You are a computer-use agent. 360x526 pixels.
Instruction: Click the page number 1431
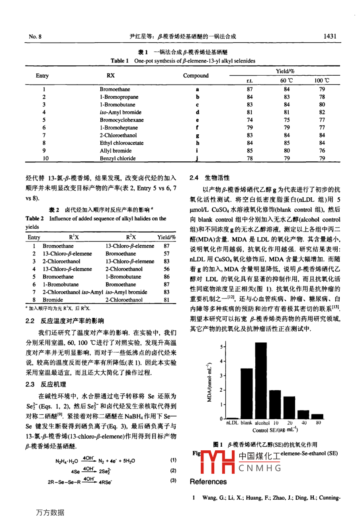click(x=330, y=36)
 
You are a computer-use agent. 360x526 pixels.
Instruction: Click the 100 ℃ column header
click(x=321, y=80)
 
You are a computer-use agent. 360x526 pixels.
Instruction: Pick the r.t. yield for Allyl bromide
click(x=250, y=151)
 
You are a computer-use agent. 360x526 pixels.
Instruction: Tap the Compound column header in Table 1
click(x=196, y=76)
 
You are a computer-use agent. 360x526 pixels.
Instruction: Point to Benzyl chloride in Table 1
click(x=117, y=158)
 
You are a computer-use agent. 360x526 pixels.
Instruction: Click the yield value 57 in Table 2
click(x=166, y=253)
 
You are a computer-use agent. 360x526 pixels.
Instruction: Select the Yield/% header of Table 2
click(x=166, y=237)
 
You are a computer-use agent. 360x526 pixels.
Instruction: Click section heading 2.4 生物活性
click(x=210, y=178)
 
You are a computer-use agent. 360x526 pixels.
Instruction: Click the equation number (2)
click(x=173, y=471)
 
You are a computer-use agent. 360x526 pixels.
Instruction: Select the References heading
click(x=208, y=482)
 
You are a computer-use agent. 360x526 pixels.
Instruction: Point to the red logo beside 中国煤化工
click(x=219, y=463)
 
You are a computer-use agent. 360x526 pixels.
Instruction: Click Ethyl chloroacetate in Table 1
click(x=121, y=143)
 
